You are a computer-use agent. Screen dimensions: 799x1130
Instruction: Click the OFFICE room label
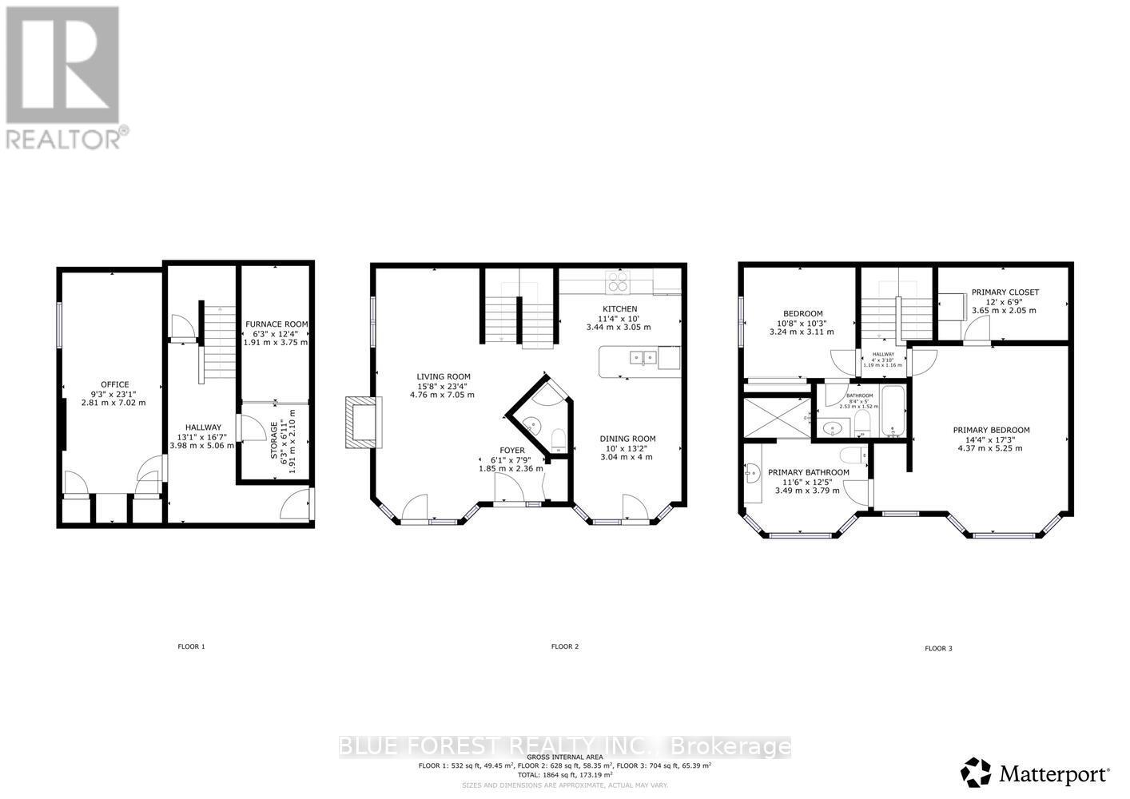coord(114,384)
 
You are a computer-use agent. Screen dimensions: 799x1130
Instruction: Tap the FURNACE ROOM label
coord(276,324)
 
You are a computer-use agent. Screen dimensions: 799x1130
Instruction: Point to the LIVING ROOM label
coord(443,376)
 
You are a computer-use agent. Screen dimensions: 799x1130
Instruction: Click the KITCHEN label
coord(619,309)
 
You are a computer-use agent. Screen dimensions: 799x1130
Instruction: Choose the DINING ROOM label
coord(627,439)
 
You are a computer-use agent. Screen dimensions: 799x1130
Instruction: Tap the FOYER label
coord(512,451)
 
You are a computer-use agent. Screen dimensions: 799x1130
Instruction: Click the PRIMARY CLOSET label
coord(1005,292)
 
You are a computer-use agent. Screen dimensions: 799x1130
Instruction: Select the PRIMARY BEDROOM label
coord(991,430)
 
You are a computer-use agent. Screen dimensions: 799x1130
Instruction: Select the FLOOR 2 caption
coord(564,646)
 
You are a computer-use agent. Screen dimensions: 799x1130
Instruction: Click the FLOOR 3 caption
coord(938,649)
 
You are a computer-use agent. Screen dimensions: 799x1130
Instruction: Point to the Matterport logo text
coord(1054,774)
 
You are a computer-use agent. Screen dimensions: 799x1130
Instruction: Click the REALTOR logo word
coord(64,138)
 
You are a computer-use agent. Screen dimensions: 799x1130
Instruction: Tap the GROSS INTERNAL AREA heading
coord(564,756)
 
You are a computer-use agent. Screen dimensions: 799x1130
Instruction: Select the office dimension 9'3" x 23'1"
coord(114,394)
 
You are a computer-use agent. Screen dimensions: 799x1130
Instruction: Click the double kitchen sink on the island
coord(643,358)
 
